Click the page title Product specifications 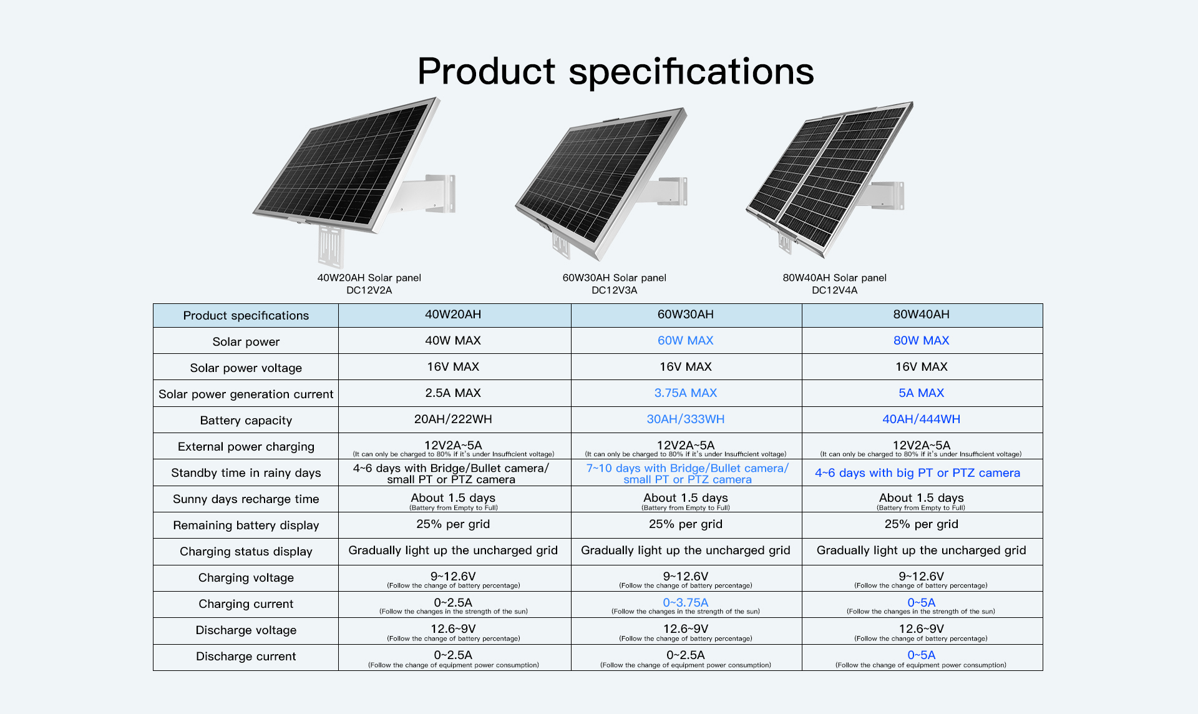615,71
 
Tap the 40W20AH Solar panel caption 369,278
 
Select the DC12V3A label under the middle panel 614,290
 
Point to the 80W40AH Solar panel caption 834,278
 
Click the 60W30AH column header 685,315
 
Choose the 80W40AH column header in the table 921,315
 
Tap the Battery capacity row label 246,420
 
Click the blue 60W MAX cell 685,341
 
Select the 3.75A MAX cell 685,393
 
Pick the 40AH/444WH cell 921,419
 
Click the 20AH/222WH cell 453,419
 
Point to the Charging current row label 246,604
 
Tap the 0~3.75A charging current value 685,603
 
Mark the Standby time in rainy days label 246,472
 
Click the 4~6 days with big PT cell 917,473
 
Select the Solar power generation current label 246,394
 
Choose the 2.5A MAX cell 453,393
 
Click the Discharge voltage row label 246,630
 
